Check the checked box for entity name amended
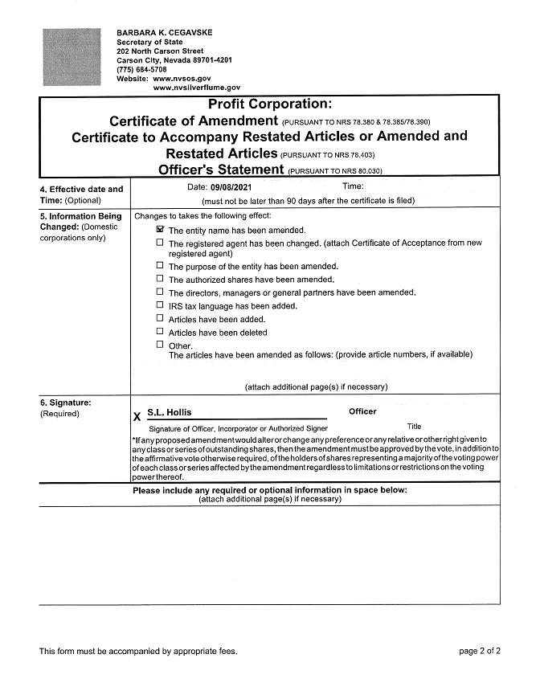coord(160,229)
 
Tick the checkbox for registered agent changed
coord(160,242)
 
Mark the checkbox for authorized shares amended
coord(160,279)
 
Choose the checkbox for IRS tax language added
coord(160,305)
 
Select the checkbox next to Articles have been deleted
coord(160,331)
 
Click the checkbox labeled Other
coord(160,344)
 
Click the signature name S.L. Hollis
coord(170,412)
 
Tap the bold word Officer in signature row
coord(362,411)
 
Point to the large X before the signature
coord(137,416)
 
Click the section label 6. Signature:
coord(65,401)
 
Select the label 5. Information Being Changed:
coord(80,222)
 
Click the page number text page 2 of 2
coord(480,651)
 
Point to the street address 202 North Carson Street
coord(160,51)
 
